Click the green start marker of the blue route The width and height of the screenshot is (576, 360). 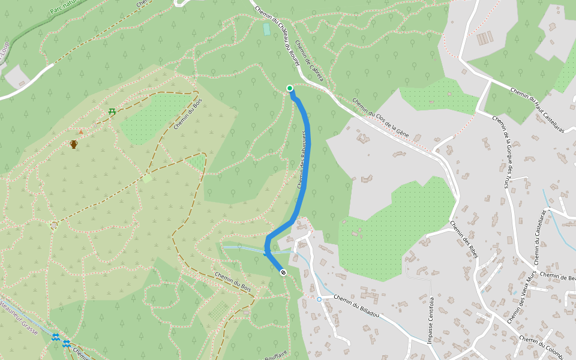[x=290, y=88]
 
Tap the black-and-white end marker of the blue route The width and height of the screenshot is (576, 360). [x=283, y=272]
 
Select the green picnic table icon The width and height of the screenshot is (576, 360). [x=112, y=111]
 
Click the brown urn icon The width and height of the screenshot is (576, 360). [x=74, y=144]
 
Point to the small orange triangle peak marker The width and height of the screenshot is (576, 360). [x=81, y=131]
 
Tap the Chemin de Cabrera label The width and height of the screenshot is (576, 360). [x=310, y=65]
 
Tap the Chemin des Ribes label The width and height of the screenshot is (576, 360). [x=463, y=238]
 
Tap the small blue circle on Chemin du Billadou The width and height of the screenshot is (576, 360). [x=319, y=299]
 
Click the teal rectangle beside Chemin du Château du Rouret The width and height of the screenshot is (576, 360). [x=266, y=29]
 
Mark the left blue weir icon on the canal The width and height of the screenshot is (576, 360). [x=55, y=337]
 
